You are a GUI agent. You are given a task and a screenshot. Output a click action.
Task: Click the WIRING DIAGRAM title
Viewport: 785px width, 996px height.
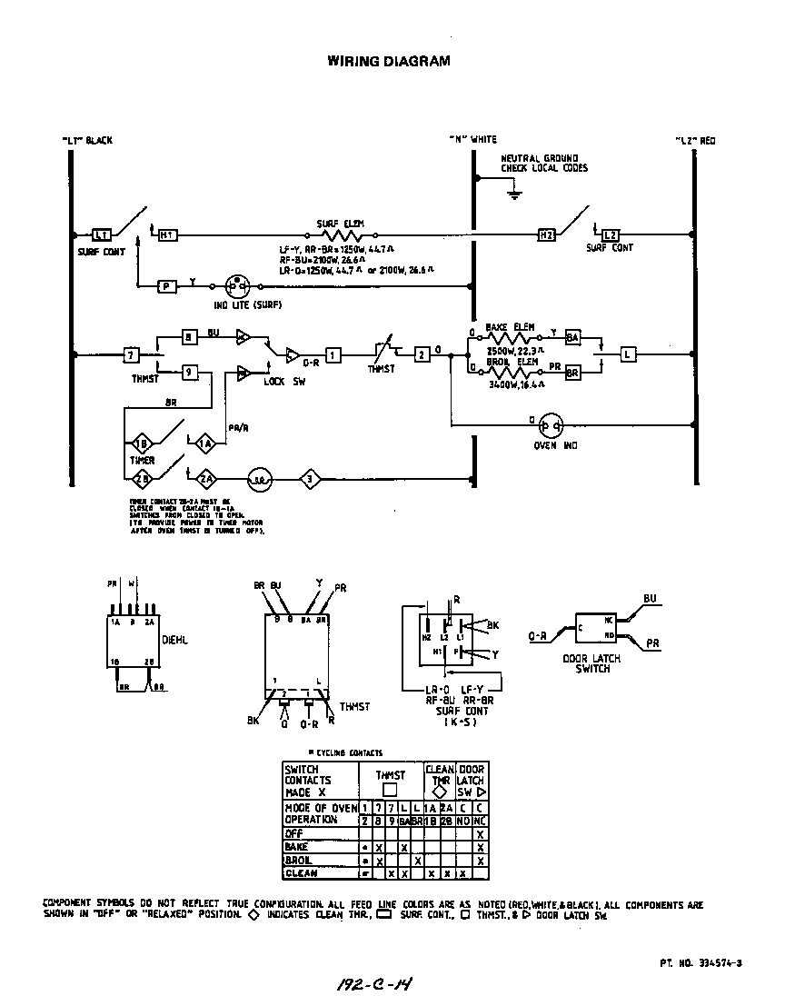click(x=388, y=62)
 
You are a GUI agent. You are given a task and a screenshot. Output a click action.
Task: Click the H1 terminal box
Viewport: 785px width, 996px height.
click(x=167, y=234)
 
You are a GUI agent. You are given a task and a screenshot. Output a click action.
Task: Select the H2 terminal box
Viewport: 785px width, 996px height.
click(x=547, y=234)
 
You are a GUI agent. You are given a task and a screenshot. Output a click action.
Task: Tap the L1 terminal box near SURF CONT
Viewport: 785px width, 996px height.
click(x=102, y=234)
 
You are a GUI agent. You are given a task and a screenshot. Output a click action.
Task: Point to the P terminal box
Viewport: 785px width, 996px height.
click(x=167, y=285)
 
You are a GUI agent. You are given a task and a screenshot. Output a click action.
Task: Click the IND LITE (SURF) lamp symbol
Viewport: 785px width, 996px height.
click(x=236, y=285)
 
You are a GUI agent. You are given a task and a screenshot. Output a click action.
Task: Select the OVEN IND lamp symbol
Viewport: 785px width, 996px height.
click(x=551, y=424)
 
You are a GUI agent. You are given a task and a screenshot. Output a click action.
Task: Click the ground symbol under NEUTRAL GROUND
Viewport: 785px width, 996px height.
click(x=513, y=193)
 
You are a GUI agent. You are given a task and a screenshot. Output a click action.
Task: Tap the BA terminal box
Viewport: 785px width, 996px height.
click(x=572, y=337)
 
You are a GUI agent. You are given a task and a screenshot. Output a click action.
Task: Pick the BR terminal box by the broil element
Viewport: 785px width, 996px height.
click(x=572, y=373)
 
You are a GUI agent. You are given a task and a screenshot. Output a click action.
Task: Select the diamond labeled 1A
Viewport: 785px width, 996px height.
click(x=205, y=443)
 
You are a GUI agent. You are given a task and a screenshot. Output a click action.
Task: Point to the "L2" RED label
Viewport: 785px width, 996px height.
click(x=695, y=141)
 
